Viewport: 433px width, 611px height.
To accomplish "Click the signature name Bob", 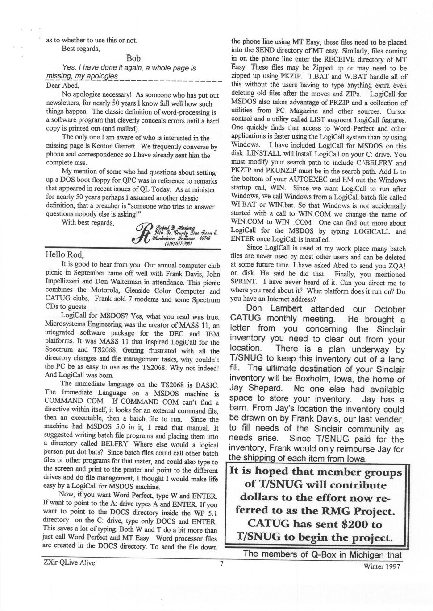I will pos(133,58).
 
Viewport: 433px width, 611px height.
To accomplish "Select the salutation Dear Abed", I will pos(62,86).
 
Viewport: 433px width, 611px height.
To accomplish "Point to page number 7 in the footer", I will pos(221,563).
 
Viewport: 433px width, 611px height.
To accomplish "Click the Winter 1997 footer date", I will pos(382,566).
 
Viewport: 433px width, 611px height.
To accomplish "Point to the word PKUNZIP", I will pos(270,171).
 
